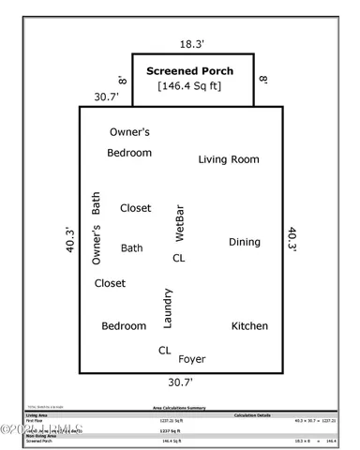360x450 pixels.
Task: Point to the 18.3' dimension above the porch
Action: (192, 43)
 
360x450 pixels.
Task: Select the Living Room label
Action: (228, 159)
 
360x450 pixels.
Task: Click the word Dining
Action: (244, 242)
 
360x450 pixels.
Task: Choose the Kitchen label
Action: (249, 326)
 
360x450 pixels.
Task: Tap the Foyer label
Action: (191, 359)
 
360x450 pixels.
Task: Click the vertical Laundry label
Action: (168, 308)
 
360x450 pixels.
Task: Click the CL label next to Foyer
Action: (164, 350)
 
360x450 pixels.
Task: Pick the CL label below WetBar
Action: (178, 257)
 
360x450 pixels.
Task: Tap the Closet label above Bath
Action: (135, 208)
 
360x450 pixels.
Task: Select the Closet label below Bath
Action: (110, 283)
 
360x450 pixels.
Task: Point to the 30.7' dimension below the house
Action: (179, 382)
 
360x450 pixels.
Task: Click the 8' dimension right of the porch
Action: (264, 82)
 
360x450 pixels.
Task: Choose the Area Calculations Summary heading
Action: (180, 409)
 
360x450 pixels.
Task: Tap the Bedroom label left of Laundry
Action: (124, 326)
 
